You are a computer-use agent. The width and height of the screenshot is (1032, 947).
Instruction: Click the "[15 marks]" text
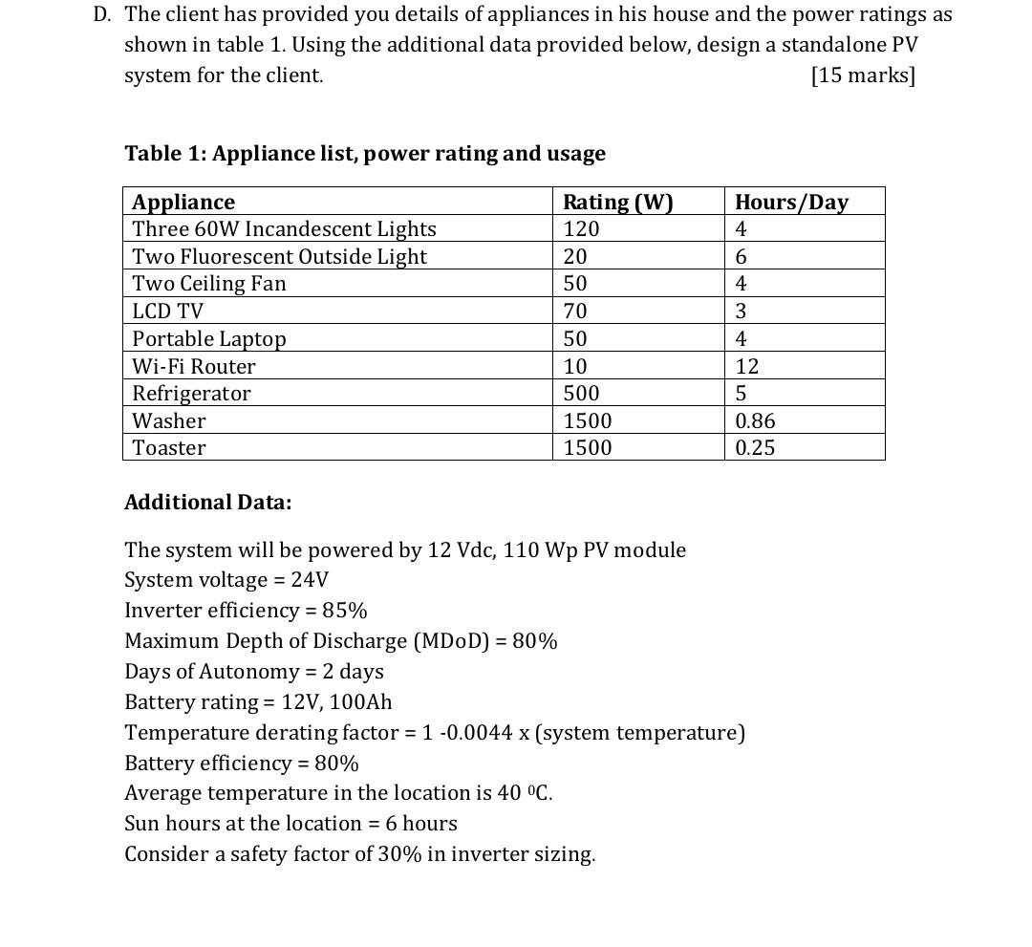tap(862, 75)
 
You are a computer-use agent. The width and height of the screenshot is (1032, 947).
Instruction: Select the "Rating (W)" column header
tap(617, 202)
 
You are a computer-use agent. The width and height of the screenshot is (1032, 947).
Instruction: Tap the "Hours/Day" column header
tap(790, 202)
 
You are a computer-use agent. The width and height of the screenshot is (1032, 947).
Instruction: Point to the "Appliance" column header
tap(183, 202)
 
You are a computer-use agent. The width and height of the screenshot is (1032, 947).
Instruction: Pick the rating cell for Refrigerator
tap(581, 394)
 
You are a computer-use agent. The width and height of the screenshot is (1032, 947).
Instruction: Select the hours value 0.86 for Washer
tap(755, 420)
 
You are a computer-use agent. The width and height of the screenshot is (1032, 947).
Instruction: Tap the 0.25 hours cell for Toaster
tap(755, 448)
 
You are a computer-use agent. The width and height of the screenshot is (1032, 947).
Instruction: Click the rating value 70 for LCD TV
tap(575, 312)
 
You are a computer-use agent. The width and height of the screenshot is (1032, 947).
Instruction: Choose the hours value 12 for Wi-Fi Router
tap(746, 366)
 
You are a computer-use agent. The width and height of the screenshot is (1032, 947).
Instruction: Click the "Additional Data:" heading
tap(207, 503)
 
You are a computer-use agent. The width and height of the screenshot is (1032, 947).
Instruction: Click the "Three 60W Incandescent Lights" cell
tap(284, 229)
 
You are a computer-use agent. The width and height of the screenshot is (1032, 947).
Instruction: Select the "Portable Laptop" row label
tap(209, 339)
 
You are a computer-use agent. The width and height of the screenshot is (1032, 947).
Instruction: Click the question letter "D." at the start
tap(103, 14)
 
